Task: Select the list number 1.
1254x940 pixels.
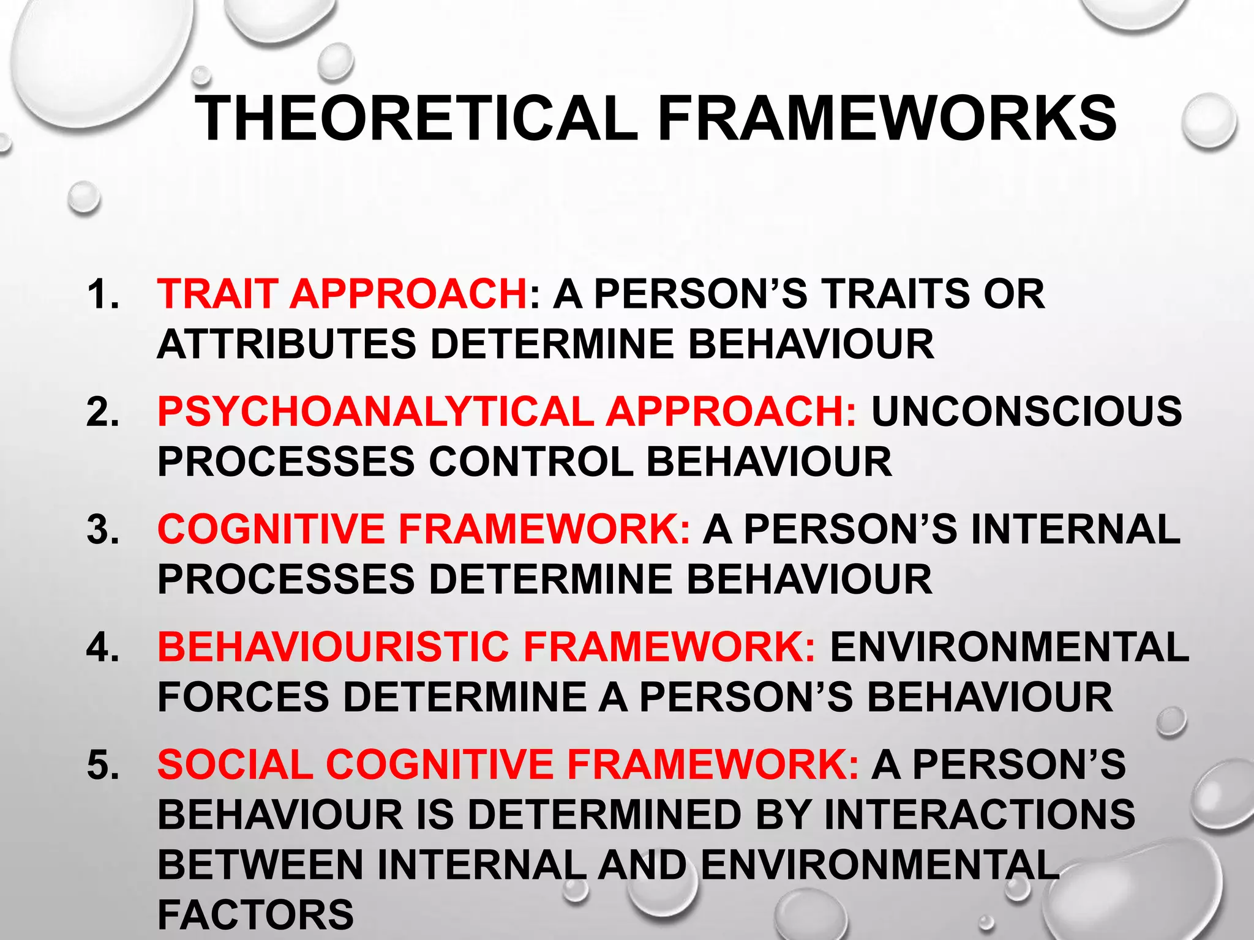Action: [x=102, y=294]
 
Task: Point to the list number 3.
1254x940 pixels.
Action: [x=102, y=529]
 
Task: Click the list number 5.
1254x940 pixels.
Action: [x=102, y=765]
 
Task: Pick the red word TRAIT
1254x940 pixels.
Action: [x=217, y=294]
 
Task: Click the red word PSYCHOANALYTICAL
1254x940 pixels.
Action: [x=375, y=411]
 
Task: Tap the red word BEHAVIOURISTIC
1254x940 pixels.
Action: [x=334, y=647]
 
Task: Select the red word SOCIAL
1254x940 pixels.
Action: [x=235, y=765]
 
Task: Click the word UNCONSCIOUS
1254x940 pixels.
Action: [x=1027, y=411]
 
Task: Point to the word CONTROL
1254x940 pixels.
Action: [x=530, y=461]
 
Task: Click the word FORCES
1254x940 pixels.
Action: [x=243, y=697]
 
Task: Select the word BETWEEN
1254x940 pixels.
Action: [x=261, y=865]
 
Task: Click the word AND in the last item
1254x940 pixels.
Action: [x=642, y=865]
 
